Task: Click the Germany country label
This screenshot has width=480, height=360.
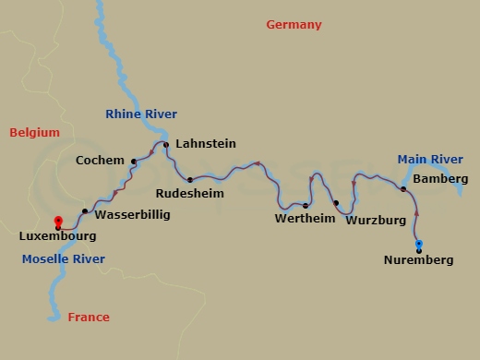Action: [x=294, y=25]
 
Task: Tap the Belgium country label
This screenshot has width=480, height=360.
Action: [x=34, y=133]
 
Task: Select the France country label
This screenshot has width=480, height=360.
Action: [x=89, y=318]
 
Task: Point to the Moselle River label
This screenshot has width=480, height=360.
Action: [x=59, y=258]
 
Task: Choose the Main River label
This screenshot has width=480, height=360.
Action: [x=430, y=160]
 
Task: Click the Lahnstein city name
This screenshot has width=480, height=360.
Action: [x=205, y=144]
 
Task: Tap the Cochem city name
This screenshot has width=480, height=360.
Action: [x=101, y=161]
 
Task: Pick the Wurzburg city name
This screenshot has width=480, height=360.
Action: [x=376, y=221]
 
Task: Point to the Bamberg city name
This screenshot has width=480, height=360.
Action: [x=440, y=178]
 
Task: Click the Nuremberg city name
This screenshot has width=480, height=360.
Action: [x=418, y=260]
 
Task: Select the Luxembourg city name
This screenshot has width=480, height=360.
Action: [x=57, y=236]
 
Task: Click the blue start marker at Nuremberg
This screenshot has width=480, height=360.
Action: [x=419, y=245]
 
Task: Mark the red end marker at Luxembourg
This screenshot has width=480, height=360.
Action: [x=58, y=222]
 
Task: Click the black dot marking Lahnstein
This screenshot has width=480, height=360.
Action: [x=166, y=145]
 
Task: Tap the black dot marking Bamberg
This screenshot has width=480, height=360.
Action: [x=403, y=189]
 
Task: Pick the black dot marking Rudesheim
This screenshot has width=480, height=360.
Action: [x=189, y=180]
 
